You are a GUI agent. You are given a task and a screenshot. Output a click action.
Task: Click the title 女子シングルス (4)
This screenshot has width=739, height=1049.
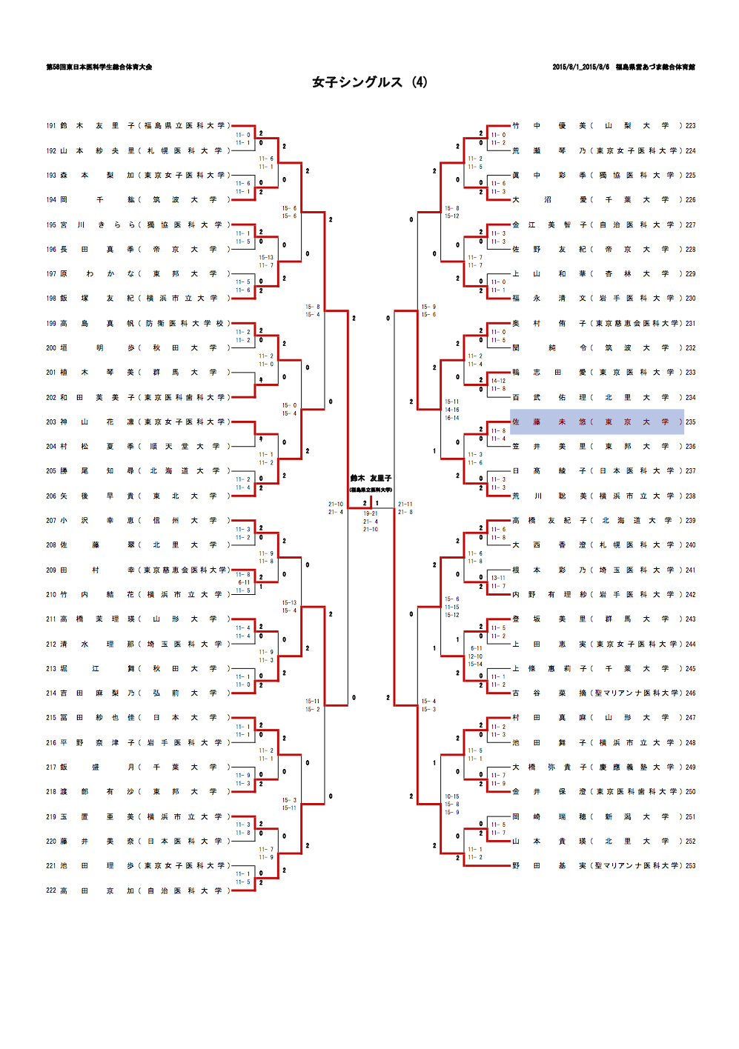pyautogui.click(x=369, y=82)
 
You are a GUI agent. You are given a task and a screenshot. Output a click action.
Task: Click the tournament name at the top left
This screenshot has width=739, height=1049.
pyautogui.click(x=99, y=67)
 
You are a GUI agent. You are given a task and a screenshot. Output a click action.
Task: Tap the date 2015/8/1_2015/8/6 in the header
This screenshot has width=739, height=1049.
pyautogui.click(x=580, y=67)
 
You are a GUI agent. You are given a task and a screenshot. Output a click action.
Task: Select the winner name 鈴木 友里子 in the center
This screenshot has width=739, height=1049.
pyautogui.click(x=371, y=479)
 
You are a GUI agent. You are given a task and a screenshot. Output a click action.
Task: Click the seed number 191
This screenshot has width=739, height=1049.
pyautogui.click(x=51, y=126)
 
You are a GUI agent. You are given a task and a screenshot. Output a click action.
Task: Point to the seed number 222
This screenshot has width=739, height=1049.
pyautogui.click(x=51, y=890)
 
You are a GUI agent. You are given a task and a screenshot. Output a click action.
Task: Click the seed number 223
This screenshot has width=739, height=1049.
pyautogui.click(x=690, y=126)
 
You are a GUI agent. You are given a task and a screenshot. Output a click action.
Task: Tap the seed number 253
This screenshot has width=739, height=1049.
pyautogui.click(x=690, y=865)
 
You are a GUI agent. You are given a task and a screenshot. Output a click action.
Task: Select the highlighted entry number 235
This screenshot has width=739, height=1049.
pyautogui.click(x=690, y=422)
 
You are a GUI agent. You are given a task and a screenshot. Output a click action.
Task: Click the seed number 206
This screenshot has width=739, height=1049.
pyautogui.click(x=51, y=496)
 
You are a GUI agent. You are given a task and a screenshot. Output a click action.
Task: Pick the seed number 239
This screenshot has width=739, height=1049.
pyautogui.click(x=690, y=520)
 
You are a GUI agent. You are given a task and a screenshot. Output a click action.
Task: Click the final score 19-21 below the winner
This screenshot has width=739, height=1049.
pyautogui.click(x=371, y=513)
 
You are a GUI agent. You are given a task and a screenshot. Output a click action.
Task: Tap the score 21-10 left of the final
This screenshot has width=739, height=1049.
pyautogui.click(x=336, y=504)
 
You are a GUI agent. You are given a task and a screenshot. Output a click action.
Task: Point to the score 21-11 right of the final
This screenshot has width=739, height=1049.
pyautogui.click(x=405, y=504)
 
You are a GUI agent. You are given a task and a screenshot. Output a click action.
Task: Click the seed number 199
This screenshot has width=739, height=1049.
pyautogui.click(x=51, y=323)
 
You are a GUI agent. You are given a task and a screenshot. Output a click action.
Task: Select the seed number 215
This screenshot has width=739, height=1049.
pyautogui.click(x=51, y=717)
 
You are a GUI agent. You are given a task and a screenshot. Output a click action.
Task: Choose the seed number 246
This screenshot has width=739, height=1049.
pyautogui.click(x=690, y=693)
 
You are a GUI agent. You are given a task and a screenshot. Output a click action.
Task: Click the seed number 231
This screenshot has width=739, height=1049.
pyautogui.click(x=690, y=323)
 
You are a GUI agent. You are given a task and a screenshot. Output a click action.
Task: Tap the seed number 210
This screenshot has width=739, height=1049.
pyautogui.click(x=51, y=594)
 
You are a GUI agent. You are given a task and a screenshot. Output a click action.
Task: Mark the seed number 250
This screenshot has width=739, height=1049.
pyautogui.click(x=690, y=791)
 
